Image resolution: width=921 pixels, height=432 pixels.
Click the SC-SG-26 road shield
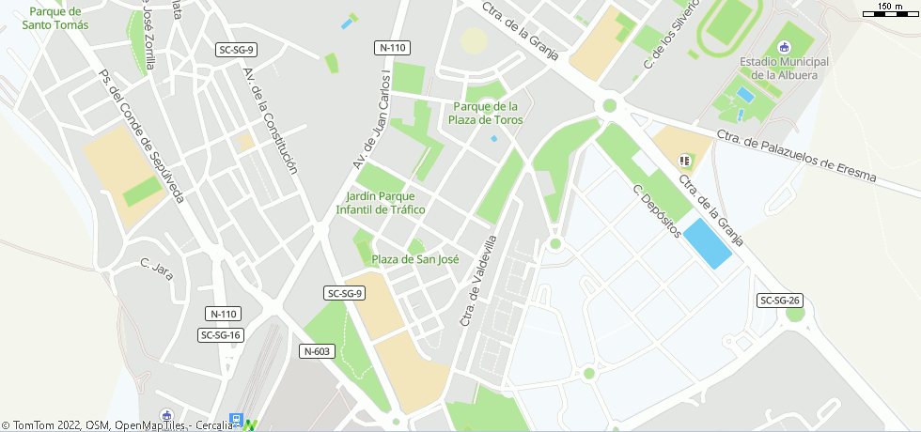(780, 301)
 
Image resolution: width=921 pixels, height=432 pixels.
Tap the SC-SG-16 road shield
(222, 334)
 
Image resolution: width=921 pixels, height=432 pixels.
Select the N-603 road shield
(318, 351)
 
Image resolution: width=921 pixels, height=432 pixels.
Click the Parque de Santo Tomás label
(58, 18)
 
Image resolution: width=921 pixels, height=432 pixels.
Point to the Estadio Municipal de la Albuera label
(784, 69)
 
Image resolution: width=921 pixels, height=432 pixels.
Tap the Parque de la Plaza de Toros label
(486, 113)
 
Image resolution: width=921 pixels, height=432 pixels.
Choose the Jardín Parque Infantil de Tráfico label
(381, 203)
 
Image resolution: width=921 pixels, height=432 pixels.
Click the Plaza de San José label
(415, 259)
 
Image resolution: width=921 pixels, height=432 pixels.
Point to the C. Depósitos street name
(656, 210)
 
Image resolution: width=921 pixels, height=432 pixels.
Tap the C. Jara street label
(157, 270)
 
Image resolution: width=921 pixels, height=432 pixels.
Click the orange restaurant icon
(684, 161)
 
